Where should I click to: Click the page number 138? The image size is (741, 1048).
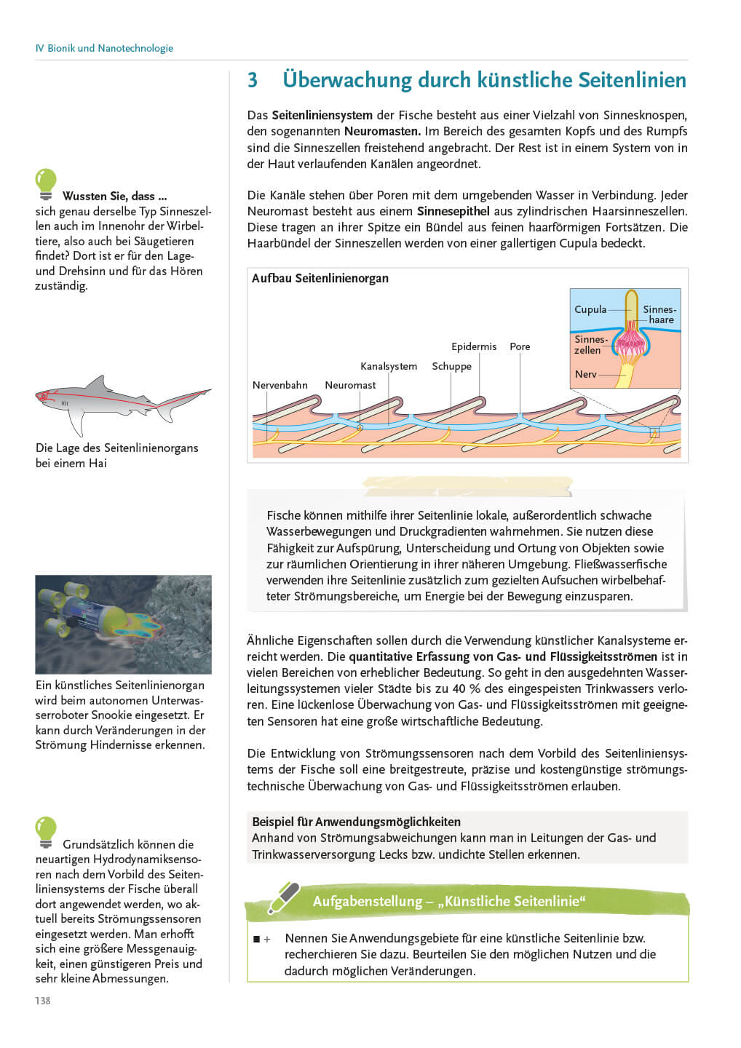click(x=43, y=1001)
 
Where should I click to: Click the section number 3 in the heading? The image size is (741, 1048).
click(x=253, y=80)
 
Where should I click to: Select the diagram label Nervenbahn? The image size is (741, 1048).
click(x=280, y=385)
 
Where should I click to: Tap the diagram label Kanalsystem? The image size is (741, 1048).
click(x=389, y=366)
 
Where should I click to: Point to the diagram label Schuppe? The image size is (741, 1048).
click(x=451, y=366)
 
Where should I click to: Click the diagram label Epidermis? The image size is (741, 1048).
click(x=474, y=346)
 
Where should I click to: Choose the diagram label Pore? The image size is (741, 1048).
click(x=520, y=346)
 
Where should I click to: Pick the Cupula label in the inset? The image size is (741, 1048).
click(x=590, y=309)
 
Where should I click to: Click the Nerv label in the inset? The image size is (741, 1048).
click(x=585, y=374)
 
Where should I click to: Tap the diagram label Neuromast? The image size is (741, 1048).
click(x=350, y=385)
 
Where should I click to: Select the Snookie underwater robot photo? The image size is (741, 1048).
click(x=123, y=624)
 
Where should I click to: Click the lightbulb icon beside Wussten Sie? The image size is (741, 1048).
click(x=46, y=183)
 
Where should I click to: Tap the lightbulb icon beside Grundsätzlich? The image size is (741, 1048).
click(x=46, y=832)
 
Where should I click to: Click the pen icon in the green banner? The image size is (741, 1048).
click(x=284, y=897)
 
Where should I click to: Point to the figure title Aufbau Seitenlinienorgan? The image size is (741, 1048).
click(x=320, y=278)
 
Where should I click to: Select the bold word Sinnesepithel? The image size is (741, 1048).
click(x=453, y=211)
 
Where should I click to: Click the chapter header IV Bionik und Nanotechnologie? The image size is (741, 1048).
click(x=104, y=48)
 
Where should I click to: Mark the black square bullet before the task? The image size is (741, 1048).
click(x=256, y=940)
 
